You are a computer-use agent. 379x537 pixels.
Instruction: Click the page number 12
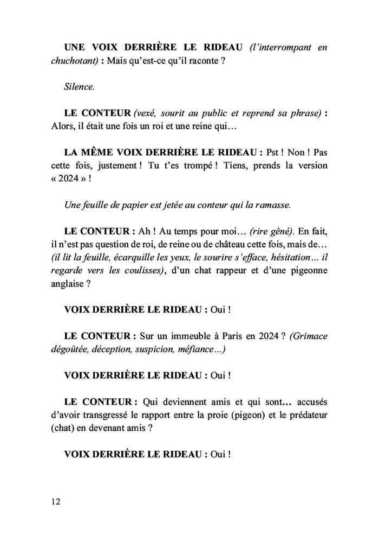[56, 501]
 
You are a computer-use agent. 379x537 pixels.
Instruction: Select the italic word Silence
[79, 87]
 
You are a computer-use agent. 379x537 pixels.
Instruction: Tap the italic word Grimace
[308, 336]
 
